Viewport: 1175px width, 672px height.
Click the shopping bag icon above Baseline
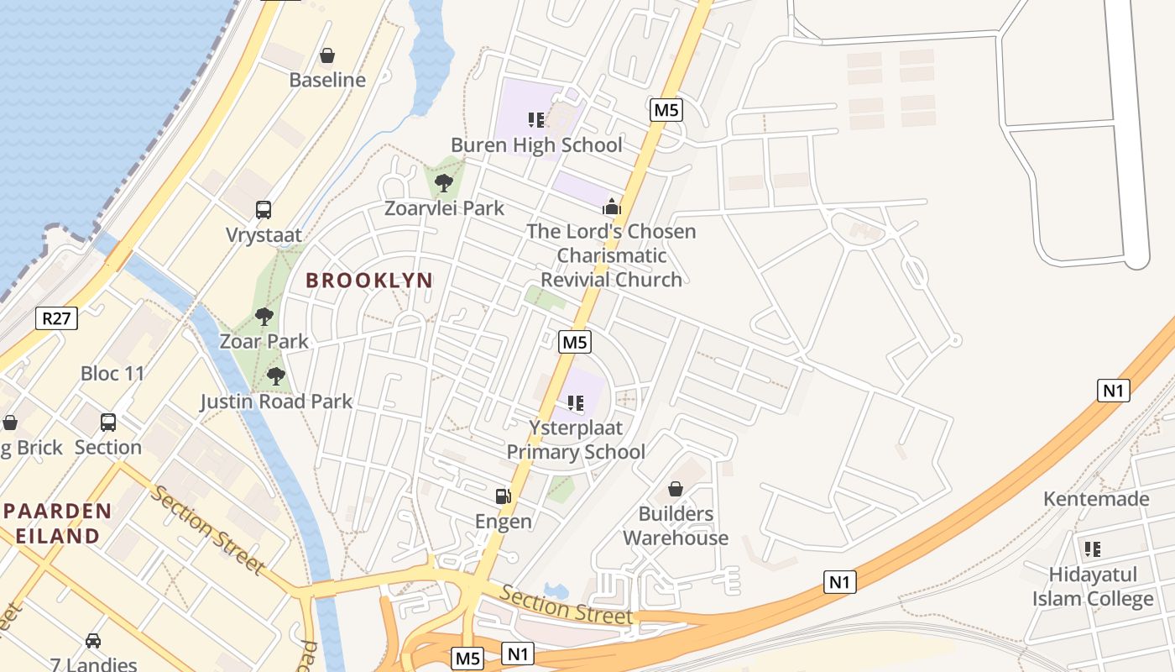point(327,55)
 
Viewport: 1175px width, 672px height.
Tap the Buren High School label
point(536,144)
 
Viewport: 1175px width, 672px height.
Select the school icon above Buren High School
point(536,120)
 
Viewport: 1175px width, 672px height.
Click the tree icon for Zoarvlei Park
point(444,182)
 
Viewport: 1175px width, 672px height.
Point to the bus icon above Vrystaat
point(264,210)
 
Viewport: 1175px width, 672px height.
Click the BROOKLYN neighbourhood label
point(369,281)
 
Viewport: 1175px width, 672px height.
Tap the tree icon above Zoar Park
point(264,317)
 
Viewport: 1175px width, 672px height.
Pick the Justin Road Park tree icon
point(275,376)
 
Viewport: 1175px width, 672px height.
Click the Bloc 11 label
point(112,373)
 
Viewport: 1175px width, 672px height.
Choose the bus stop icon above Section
point(108,423)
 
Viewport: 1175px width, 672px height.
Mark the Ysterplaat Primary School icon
point(576,403)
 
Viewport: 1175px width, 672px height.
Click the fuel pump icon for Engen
point(503,496)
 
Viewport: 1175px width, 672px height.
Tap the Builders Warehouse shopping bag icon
point(675,489)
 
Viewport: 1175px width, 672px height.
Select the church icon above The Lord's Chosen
point(612,207)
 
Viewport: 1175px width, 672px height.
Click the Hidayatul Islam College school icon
point(1092,549)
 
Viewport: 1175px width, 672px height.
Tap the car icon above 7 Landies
point(93,641)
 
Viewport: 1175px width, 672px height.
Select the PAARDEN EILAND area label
point(57,523)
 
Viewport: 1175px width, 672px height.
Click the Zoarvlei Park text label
point(444,207)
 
